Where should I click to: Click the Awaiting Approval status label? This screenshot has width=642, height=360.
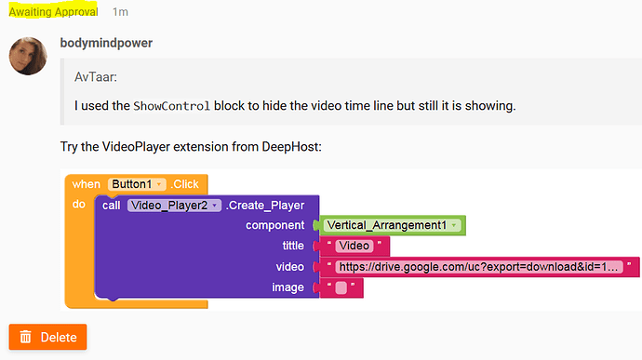[53, 12]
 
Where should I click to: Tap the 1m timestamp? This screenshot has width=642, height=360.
[120, 12]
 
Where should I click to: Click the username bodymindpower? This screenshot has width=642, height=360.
[106, 43]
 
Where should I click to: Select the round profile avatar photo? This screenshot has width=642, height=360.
[28, 56]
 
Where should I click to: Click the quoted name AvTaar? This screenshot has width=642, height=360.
[96, 77]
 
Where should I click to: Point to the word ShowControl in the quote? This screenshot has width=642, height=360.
[171, 106]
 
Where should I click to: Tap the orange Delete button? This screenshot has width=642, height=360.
[47, 337]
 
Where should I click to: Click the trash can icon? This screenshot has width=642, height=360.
[26, 337]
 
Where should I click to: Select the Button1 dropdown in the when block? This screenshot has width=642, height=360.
[137, 184]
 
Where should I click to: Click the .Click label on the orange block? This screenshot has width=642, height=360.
[184, 184]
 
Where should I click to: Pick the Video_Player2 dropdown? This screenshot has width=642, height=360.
[174, 206]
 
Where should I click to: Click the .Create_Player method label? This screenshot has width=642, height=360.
[265, 206]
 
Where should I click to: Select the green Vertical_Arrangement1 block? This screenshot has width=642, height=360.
[393, 225]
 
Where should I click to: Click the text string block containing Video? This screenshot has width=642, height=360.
[354, 246]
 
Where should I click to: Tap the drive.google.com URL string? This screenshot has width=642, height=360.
[479, 267]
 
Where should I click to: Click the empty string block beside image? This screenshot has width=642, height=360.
[341, 287]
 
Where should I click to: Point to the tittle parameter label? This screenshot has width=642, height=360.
[293, 246]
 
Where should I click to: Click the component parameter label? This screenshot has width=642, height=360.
[274, 225]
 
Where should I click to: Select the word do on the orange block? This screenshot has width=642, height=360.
[78, 204]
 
